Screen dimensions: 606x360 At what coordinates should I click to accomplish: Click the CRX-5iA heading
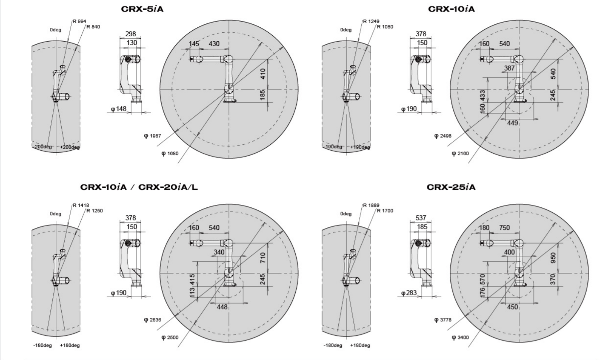coord(142,9)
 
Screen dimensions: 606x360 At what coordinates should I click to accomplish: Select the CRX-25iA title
coord(451,187)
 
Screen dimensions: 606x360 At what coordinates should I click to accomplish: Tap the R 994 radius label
coord(79,22)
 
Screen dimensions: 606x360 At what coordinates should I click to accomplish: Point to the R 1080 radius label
coord(385,27)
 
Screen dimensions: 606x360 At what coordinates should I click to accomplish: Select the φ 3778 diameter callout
coord(443,320)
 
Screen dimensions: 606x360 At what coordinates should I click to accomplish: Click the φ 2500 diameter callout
coord(170,337)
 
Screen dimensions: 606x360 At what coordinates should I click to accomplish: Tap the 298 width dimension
coord(131,34)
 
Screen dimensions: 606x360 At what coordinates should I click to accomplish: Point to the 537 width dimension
coord(421,218)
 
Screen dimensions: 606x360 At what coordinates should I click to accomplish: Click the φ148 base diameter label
coord(119,109)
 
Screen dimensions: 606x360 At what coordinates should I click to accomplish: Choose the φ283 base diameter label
coord(409,293)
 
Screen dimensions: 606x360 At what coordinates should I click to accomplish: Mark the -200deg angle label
coord(42,147)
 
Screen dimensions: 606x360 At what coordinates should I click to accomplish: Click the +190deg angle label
coord(360,147)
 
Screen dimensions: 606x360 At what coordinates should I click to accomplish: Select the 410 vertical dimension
coord(263,74)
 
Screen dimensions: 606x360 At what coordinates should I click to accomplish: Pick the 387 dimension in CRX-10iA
coord(509,68)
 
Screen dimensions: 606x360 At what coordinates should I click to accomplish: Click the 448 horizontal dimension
coord(222,307)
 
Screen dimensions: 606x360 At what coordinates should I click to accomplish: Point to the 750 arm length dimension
coord(505,228)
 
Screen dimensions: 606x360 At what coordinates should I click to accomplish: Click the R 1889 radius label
coord(371,205)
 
